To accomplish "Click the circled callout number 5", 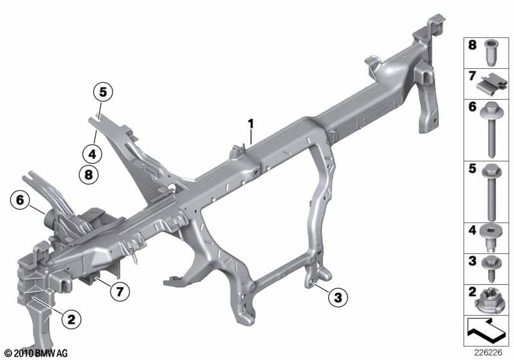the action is point(103,92).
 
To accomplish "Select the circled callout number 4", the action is point(92,154).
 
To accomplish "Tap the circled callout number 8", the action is point(89,174).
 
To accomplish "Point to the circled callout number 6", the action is point(20,200).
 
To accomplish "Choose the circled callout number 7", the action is point(120,291).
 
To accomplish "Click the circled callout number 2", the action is point(71,318).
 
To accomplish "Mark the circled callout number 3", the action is point(338,298).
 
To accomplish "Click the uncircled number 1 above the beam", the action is point(251,124).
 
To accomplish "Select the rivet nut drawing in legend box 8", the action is point(490,52).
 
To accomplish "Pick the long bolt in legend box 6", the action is point(490,130).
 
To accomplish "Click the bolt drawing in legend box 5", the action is point(490,192).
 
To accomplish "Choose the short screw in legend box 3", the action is point(491,269).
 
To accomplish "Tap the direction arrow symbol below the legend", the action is point(486,330).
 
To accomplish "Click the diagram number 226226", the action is point(488,353).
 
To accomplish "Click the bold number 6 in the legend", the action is point(472,107).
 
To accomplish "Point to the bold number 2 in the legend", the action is point(472,292).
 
